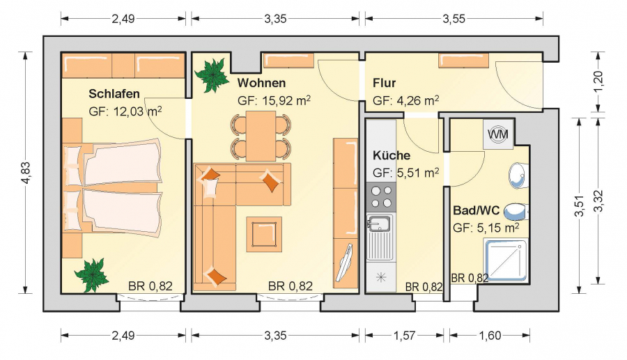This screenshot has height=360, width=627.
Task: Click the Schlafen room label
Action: [x=114, y=94]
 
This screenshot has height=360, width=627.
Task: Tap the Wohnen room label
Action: [x=261, y=83]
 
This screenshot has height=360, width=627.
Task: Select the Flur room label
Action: [x=385, y=83]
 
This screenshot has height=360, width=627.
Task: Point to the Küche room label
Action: [x=392, y=155]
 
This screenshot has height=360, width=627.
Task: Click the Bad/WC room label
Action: [x=477, y=210]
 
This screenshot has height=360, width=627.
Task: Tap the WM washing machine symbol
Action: [x=498, y=134]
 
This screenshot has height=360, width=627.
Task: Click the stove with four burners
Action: [x=381, y=197]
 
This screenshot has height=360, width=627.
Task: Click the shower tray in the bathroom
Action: [x=506, y=260]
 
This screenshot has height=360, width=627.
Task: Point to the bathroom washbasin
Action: [x=518, y=175]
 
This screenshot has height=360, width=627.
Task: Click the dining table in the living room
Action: [x=261, y=136]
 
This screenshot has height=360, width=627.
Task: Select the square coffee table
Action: [x=264, y=234]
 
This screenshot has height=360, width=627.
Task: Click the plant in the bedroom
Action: [x=91, y=274]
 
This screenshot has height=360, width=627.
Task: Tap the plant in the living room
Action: [x=212, y=75]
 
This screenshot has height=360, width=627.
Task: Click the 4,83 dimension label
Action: [x=26, y=173]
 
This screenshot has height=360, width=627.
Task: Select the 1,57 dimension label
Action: [x=404, y=336]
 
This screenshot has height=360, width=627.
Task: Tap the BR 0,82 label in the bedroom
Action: [x=150, y=286]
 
